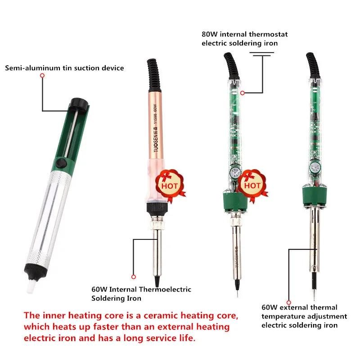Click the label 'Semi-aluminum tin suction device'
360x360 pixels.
[x=64, y=68]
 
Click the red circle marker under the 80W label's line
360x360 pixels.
[x=242, y=93]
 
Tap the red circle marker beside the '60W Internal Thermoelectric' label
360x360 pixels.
[x=133, y=277]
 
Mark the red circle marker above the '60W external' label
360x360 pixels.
[x=289, y=302]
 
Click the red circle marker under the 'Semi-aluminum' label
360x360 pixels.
[x=42, y=76]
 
